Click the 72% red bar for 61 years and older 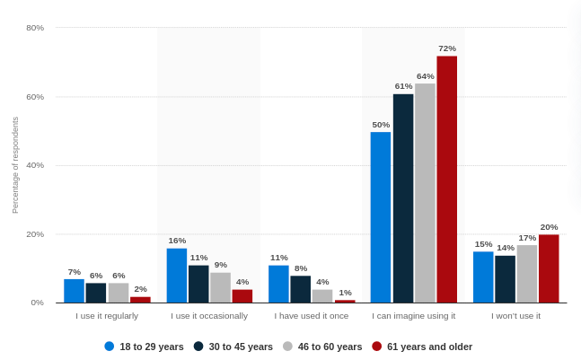pos(446,180)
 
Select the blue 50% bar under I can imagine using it pos(381,217)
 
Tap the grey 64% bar pos(425,193)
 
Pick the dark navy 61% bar pos(403,198)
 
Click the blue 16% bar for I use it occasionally pos(177,276)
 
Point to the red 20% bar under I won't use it pos(549,268)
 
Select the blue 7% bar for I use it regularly pos(74,291)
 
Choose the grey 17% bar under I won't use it pos(527,274)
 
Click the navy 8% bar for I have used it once pos(301,289)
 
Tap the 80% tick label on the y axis pos(35,28)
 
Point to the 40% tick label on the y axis pos(35,165)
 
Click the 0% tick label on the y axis pos(38,303)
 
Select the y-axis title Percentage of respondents pos(15,165)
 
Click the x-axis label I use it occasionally pos(209,316)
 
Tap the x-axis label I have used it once pos(312,316)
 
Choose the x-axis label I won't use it pos(515,316)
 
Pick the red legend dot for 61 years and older pos(377,347)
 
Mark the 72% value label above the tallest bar pos(446,48)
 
